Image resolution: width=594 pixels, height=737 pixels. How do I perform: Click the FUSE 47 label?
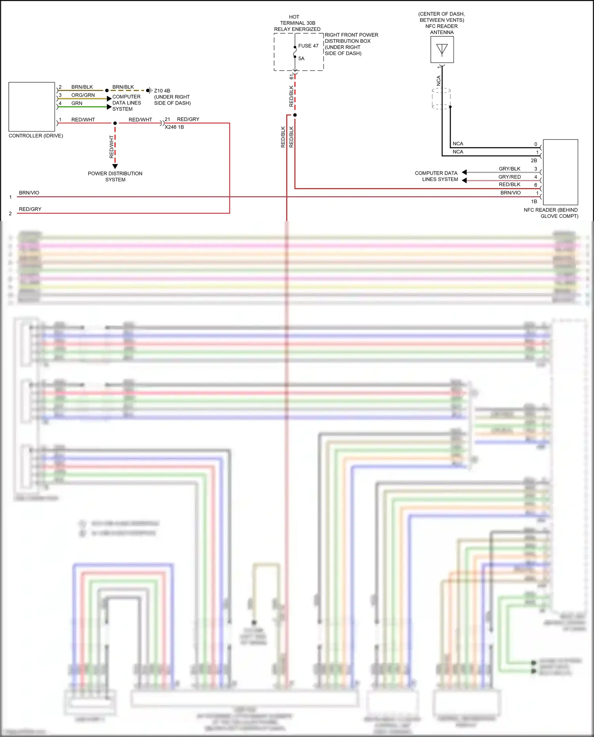click(308, 46)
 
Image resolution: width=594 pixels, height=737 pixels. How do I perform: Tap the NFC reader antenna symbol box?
click(442, 50)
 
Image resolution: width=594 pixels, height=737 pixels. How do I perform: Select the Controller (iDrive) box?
click(32, 107)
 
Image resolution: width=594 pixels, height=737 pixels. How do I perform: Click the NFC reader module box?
click(560, 172)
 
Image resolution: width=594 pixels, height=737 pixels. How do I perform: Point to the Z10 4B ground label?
click(162, 91)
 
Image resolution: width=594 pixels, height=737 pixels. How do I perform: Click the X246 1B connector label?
click(174, 127)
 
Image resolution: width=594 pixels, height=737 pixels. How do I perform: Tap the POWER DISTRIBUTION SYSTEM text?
click(115, 177)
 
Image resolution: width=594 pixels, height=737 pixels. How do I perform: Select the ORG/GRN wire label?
click(83, 95)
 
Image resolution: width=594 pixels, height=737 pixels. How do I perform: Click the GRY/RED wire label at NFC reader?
click(509, 177)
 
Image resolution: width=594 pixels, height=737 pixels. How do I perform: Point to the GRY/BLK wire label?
click(509, 169)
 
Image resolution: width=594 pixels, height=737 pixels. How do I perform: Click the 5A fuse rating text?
click(301, 59)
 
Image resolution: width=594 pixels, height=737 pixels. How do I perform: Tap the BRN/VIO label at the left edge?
click(29, 193)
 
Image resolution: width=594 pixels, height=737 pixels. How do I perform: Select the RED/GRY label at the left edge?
click(30, 209)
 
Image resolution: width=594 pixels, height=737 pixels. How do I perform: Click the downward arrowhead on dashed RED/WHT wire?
click(115, 166)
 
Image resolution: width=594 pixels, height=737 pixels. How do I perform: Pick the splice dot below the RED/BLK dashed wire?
click(295, 115)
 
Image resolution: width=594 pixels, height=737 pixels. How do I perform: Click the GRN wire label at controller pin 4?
click(77, 103)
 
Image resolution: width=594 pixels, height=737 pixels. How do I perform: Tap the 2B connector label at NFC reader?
click(534, 160)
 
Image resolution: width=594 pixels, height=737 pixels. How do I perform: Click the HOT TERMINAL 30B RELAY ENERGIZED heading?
click(297, 23)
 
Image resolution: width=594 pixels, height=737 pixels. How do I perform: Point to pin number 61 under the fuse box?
click(291, 76)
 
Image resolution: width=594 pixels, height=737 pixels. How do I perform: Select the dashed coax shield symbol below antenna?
click(441, 99)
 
